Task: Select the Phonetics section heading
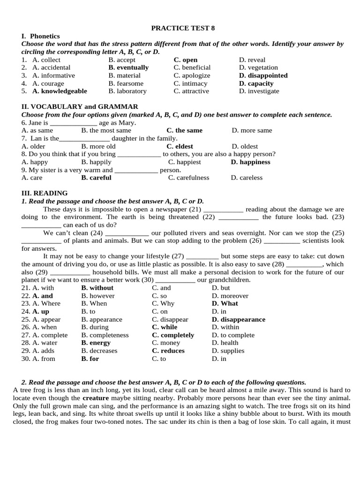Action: (x=41, y=36)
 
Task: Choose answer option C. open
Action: (x=186, y=60)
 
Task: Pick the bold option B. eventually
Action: (x=128, y=67)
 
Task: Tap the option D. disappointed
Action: (x=263, y=75)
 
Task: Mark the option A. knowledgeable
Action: (x=60, y=91)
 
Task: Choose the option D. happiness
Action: (x=250, y=162)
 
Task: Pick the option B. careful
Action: (x=96, y=178)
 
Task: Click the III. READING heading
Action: (x=45, y=193)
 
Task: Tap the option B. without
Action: (x=97, y=288)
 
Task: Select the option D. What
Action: (x=225, y=303)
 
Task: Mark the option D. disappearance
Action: (x=239, y=319)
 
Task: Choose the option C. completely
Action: (x=173, y=335)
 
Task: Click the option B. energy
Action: (x=96, y=343)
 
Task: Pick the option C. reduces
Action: (x=168, y=351)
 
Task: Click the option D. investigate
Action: (x=259, y=91)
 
